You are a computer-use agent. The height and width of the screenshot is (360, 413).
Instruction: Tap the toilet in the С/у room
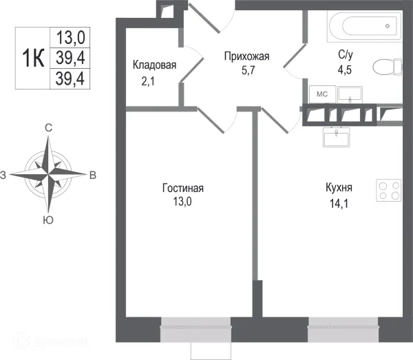pos(385,67)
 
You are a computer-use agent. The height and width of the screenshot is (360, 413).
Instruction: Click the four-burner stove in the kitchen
pos(390,190)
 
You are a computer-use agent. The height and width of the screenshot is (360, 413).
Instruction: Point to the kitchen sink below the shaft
pos(337,138)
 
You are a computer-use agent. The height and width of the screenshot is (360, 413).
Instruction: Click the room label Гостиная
pos(183,188)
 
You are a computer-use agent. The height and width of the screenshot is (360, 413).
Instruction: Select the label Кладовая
pos(155,65)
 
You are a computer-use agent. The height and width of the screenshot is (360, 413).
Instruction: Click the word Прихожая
pos(246,57)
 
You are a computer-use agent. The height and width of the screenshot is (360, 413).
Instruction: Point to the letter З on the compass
pos(3,176)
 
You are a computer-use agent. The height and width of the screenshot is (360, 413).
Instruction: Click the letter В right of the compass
pos(92,176)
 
